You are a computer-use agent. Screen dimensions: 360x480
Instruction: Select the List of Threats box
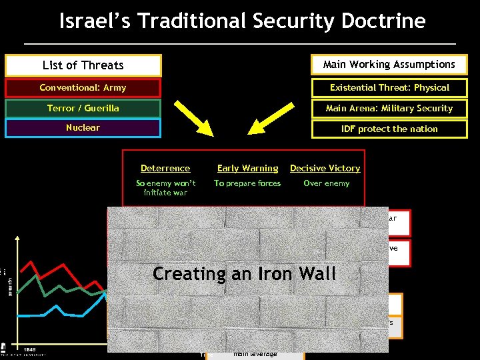(x=83, y=65)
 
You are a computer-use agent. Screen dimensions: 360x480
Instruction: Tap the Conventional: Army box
(x=83, y=87)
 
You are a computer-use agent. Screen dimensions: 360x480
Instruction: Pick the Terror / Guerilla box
(x=83, y=108)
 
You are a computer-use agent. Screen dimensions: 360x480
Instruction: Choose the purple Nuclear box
(x=83, y=127)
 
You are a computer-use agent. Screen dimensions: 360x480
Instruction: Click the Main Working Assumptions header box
(x=389, y=65)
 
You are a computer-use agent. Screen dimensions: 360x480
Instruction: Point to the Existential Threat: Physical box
(x=389, y=87)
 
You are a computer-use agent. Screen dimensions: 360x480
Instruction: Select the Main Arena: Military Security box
(x=389, y=108)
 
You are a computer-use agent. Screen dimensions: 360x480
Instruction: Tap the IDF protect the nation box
(x=389, y=129)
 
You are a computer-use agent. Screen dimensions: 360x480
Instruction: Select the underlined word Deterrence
(x=165, y=169)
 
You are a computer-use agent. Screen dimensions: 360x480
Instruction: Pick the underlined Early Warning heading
(x=247, y=169)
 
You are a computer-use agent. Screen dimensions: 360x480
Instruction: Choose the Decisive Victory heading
(x=325, y=169)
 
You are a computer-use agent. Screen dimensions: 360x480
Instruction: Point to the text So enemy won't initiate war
(x=166, y=188)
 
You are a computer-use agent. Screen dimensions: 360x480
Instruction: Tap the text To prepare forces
(x=247, y=183)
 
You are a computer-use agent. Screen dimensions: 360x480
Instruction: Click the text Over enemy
(x=326, y=183)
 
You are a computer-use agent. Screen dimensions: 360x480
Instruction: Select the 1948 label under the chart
(x=29, y=349)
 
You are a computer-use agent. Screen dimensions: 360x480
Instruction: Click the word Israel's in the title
(x=92, y=21)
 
